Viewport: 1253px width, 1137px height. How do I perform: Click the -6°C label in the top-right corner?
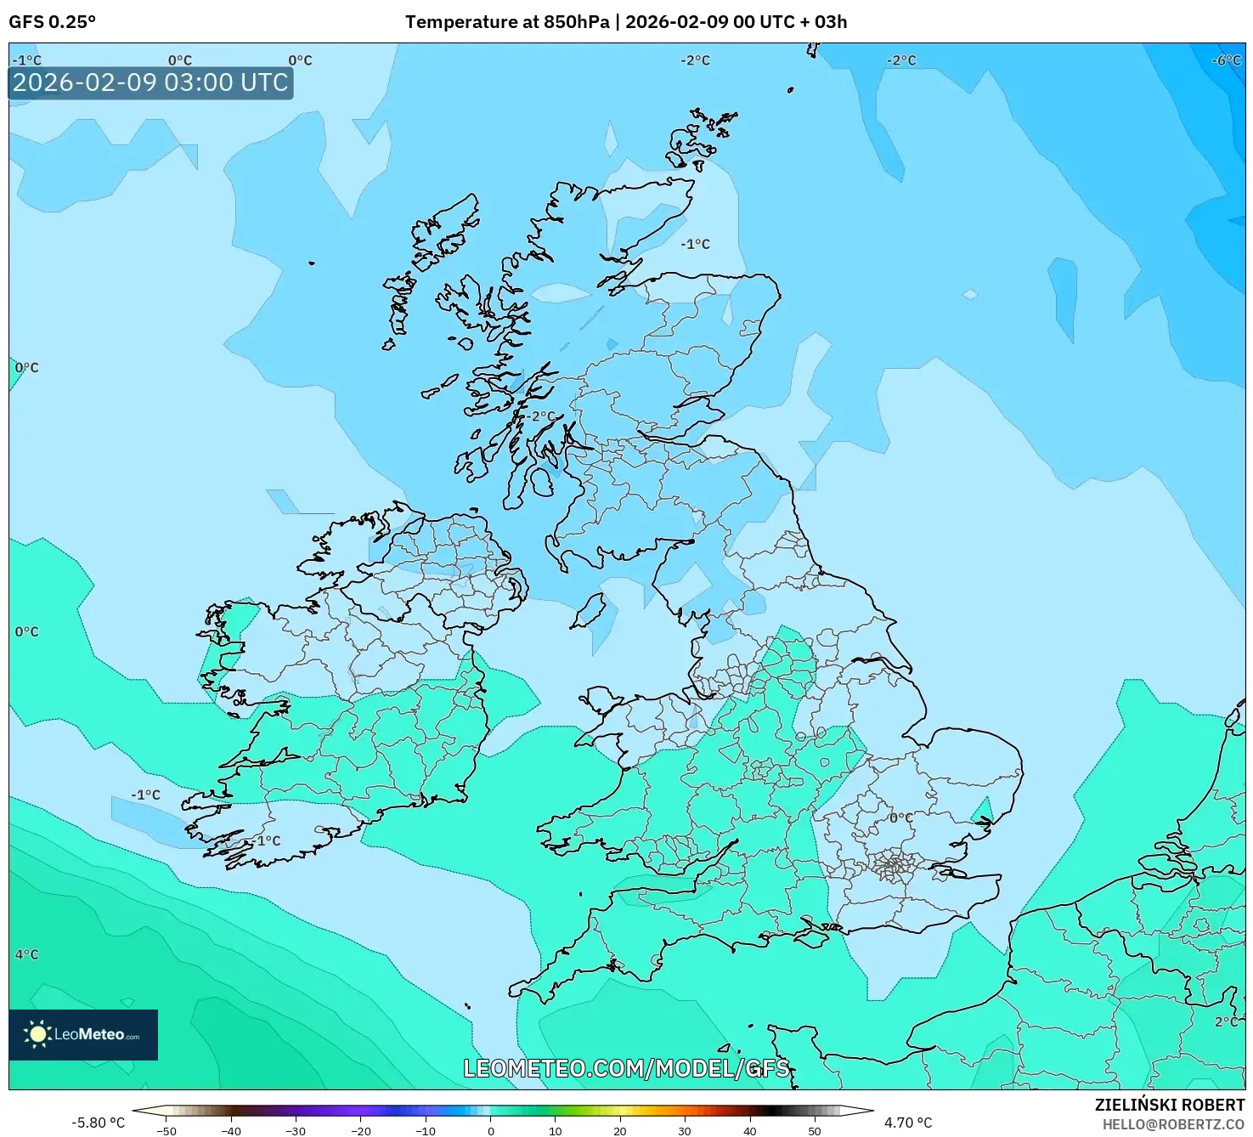[1227, 60]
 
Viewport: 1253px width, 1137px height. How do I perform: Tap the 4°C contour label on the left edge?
[26, 954]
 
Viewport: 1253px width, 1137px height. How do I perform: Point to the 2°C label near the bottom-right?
[1227, 1021]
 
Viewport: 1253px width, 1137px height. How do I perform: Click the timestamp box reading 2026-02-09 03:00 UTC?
[150, 82]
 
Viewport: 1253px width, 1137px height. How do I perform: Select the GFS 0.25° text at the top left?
[52, 22]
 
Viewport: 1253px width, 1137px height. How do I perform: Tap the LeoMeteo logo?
[83, 1034]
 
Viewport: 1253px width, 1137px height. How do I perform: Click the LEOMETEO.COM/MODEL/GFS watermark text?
[626, 1068]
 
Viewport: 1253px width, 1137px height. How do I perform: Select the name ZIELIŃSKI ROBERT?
[1169, 1105]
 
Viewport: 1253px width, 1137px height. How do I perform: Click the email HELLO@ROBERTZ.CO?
[1173, 1124]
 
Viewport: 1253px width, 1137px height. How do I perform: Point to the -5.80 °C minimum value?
[98, 1123]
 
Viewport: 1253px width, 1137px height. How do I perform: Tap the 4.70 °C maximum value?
[908, 1123]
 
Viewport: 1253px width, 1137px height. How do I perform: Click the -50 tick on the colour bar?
[167, 1131]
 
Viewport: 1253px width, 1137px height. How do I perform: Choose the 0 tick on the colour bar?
[491, 1131]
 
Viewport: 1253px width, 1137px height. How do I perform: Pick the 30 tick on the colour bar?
[685, 1131]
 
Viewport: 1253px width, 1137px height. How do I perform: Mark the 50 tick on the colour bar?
[815, 1131]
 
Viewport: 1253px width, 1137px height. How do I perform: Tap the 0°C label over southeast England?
[900, 817]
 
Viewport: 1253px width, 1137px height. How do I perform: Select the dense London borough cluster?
[894, 867]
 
